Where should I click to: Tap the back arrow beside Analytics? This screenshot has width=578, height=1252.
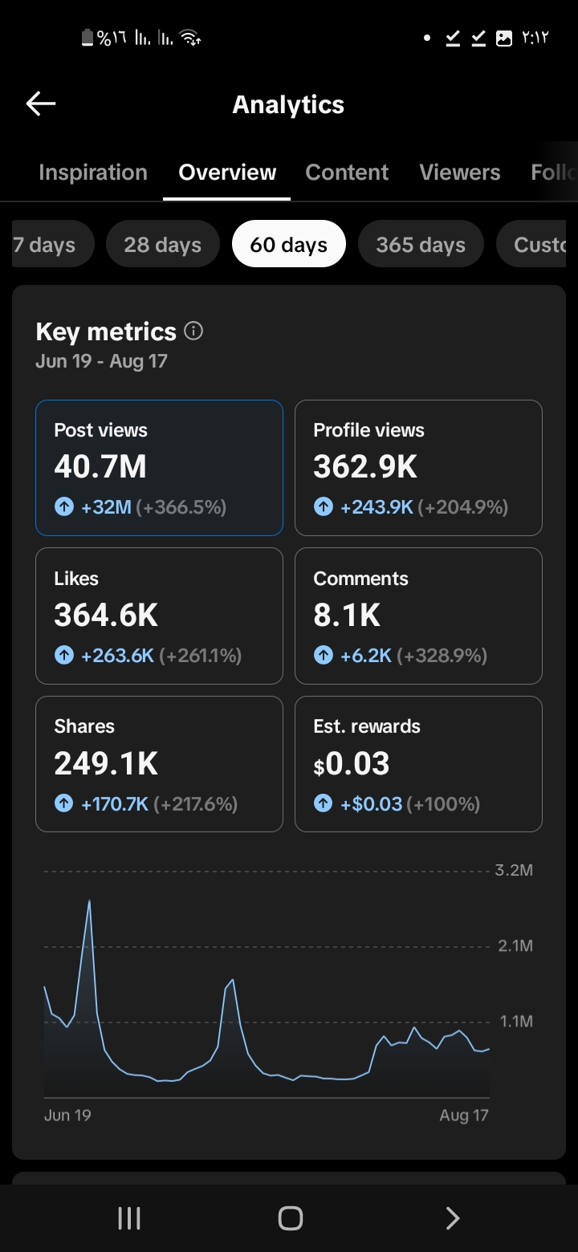(x=41, y=104)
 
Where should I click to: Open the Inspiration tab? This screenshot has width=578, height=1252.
(x=93, y=172)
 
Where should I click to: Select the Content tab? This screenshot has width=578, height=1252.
(x=347, y=172)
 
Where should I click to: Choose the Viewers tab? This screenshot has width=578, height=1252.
(x=459, y=172)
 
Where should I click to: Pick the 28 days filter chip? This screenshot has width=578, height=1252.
(x=163, y=244)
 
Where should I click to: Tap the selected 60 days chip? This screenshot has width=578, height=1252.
(x=288, y=244)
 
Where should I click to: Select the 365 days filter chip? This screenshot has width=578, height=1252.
(x=421, y=244)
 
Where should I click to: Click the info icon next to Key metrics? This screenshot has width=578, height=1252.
(x=193, y=331)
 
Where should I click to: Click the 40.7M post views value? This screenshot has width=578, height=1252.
(x=100, y=466)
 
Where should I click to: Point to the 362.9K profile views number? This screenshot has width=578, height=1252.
(x=365, y=466)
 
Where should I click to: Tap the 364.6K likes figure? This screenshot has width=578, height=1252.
(x=106, y=615)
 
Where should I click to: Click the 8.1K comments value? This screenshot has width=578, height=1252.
(x=347, y=615)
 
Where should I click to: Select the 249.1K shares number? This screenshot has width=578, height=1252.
(x=106, y=763)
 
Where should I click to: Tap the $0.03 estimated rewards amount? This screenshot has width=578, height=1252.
(x=351, y=763)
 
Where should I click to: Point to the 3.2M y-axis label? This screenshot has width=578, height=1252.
(x=514, y=870)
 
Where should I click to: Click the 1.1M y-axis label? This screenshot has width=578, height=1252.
(x=516, y=1021)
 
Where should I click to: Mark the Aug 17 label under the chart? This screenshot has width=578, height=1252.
(x=464, y=1116)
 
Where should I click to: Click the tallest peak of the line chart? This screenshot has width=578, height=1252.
(x=89, y=900)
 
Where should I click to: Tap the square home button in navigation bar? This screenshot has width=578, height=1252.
(x=290, y=1218)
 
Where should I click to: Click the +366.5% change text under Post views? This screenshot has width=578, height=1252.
(x=181, y=507)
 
